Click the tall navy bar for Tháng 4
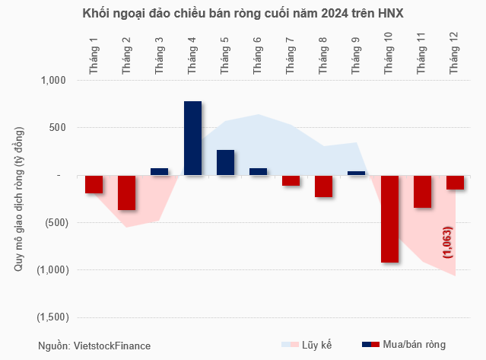pyautogui.click(x=192, y=139)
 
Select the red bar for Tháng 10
pyautogui.click(x=390, y=219)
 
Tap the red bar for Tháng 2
pyautogui.click(x=126, y=193)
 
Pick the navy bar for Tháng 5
pyautogui.click(x=225, y=163)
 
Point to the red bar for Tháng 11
pyautogui.click(x=423, y=192)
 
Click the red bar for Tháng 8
pyautogui.click(x=324, y=186)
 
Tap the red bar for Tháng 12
pyautogui.click(x=456, y=183)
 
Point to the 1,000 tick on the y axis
pyautogui.click(x=52, y=81)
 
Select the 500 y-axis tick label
pyautogui.click(x=58, y=128)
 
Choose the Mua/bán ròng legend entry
pyautogui.click(x=403, y=346)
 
